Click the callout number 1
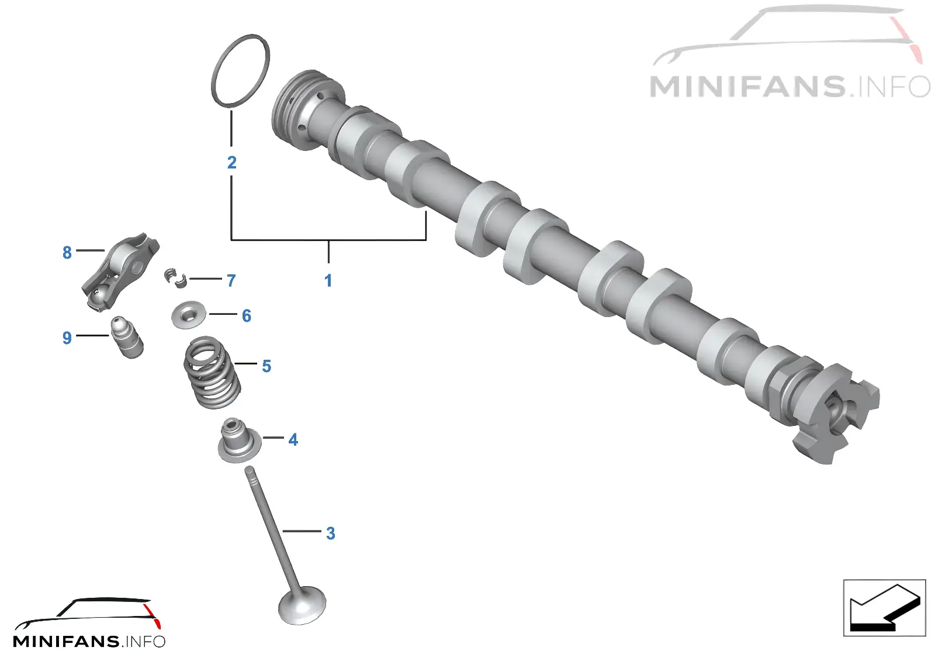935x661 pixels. pyautogui.click(x=328, y=280)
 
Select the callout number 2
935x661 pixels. pyautogui.click(x=231, y=162)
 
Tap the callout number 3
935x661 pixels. pyautogui.click(x=331, y=533)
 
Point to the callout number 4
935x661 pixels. pyautogui.click(x=293, y=439)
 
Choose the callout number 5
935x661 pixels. pyautogui.click(x=266, y=366)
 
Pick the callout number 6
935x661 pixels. pyautogui.click(x=247, y=316)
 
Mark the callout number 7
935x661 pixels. pyautogui.click(x=231, y=280)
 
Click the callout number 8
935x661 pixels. pyautogui.click(x=67, y=252)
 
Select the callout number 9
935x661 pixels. pyautogui.click(x=67, y=338)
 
